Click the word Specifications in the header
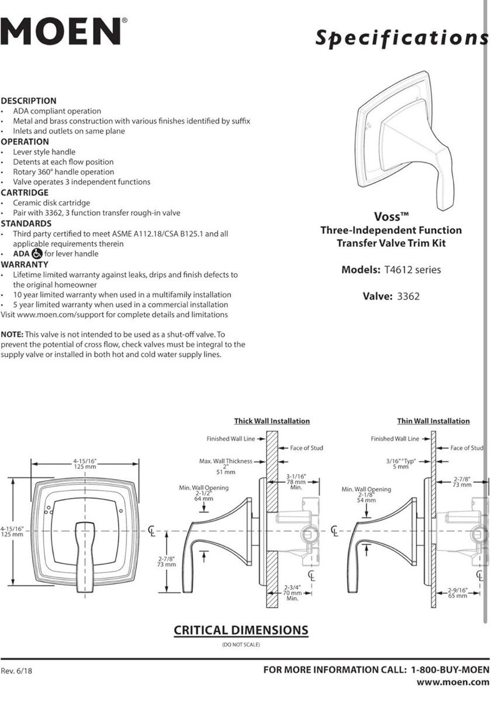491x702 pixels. tap(402, 37)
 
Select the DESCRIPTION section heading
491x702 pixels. tap(29, 101)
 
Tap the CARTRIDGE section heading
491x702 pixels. tap(25, 192)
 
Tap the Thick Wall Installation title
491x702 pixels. tap(272, 421)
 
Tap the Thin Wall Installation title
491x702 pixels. tap(433, 421)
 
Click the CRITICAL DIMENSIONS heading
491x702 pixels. tap(241, 630)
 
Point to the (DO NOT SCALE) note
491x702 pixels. tap(241, 645)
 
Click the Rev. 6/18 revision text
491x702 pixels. tap(16, 671)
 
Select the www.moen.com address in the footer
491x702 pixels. tap(452, 682)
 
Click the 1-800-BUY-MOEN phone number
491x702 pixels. tap(450, 670)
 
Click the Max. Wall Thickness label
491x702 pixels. tap(226, 461)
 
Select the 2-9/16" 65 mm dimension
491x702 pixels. tap(458, 593)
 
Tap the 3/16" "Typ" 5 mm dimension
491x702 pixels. tap(400, 463)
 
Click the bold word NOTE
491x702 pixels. tap(12, 335)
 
